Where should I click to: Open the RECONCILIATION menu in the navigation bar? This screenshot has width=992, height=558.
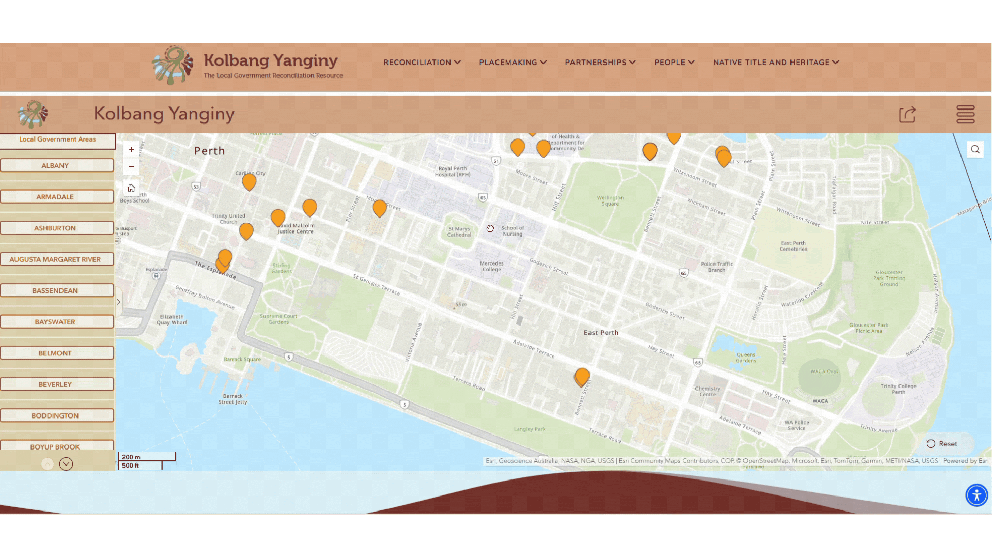[422, 62]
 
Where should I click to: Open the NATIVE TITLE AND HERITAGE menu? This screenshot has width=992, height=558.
[776, 62]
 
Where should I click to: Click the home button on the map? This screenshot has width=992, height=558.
[131, 188]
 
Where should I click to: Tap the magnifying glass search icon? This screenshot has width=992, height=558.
[975, 150]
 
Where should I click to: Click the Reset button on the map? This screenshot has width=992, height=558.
[942, 444]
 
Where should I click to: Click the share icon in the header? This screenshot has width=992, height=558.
[907, 115]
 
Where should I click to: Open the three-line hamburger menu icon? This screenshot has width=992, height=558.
[965, 115]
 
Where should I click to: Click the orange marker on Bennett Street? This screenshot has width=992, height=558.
[582, 376]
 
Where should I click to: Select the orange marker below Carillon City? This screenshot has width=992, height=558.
[249, 181]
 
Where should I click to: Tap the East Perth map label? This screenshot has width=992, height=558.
[601, 333]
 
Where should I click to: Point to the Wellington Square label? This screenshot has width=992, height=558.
[610, 200]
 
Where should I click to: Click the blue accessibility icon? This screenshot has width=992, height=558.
[977, 495]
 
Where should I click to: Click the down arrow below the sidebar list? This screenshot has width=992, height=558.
[66, 464]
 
